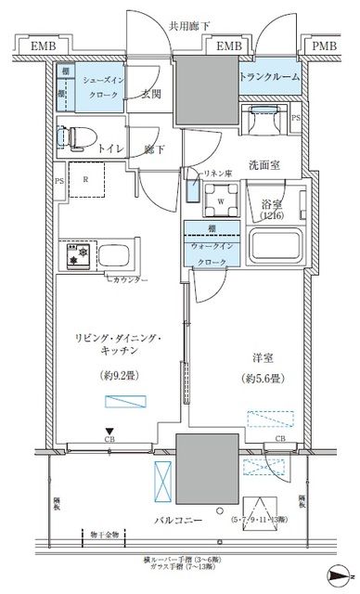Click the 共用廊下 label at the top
[180, 28]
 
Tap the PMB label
[326, 45]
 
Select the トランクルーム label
[270, 77]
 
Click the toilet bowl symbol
[71, 135]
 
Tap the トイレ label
[112, 148]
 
